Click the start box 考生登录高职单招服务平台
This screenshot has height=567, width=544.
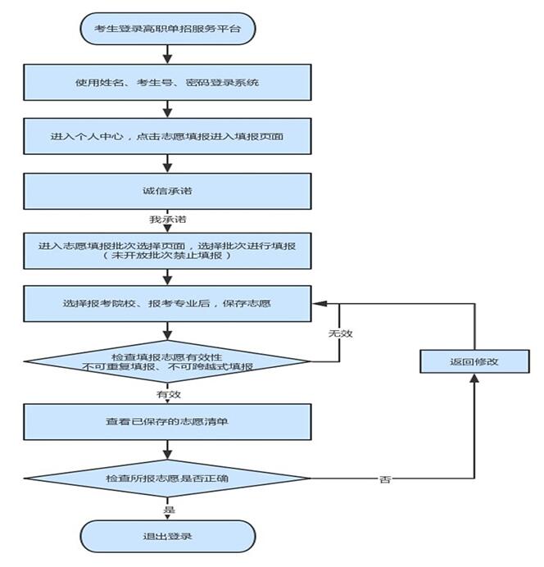168,29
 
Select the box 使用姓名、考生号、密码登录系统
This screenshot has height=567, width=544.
167,83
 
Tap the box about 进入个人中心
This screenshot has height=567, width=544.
167,136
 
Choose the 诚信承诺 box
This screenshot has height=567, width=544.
167,191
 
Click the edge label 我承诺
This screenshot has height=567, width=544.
168,219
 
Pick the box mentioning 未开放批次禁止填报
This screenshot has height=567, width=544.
167,251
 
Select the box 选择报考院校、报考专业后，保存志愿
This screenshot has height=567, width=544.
167,303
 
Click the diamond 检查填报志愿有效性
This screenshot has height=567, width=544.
167,361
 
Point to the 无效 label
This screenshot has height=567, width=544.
340,333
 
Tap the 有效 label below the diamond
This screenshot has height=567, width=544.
169,394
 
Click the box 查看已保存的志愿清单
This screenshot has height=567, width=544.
167,422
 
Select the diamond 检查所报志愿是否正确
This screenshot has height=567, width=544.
167,479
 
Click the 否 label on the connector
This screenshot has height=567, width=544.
385,479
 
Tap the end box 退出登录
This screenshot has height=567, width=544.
168,536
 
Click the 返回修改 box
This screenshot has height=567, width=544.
474,361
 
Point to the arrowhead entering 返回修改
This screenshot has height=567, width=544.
474,378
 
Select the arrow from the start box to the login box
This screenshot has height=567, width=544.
167,55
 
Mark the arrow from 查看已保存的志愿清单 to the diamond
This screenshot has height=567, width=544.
167,450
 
